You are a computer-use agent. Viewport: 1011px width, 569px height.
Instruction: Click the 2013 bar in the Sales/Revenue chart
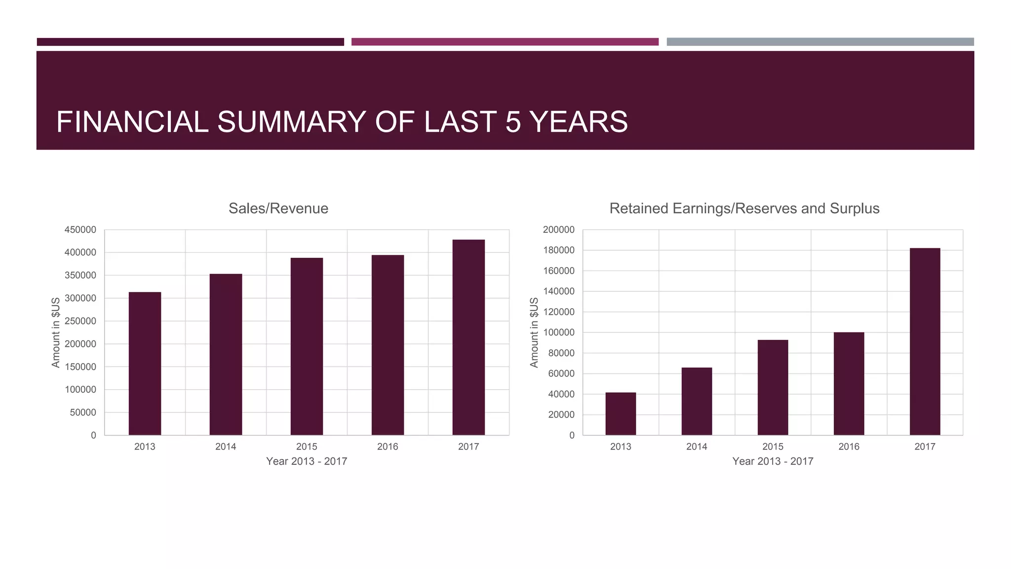coord(145,364)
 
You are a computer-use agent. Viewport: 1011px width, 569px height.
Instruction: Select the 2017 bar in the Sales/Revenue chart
coord(468,337)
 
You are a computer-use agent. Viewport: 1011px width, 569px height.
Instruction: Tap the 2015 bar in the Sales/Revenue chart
coord(307,346)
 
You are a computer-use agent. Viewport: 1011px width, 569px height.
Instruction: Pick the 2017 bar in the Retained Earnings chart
coord(925,341)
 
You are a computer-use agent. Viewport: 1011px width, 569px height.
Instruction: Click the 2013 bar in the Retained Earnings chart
coord(621,414)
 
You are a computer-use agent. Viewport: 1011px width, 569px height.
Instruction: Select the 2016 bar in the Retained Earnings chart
coord(849,384)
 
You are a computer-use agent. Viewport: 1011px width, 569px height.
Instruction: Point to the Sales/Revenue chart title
coord(278,208)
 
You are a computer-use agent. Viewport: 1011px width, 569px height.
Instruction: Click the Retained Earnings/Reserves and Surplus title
coord(744,208)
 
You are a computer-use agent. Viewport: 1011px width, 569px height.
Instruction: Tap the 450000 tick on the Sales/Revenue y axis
coord(80,230)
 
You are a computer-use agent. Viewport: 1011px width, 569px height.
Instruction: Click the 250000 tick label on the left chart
coord(80,321)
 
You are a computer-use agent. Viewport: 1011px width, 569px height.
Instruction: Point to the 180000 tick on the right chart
coord(559,250)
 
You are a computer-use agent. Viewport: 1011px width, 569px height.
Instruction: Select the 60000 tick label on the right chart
coord(561,374)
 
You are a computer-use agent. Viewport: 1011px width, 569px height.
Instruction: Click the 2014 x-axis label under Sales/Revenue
coord(226,447)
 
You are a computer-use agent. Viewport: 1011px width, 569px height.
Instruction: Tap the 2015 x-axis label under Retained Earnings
coord(773,447)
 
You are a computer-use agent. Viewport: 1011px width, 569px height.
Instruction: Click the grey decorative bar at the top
coord(820,42)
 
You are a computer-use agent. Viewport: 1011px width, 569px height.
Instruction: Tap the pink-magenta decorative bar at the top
coord(505,42)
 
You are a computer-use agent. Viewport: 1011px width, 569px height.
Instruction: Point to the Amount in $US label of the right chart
coord(534,332)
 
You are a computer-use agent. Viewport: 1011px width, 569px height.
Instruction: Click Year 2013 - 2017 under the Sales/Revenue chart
coord(307,461)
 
